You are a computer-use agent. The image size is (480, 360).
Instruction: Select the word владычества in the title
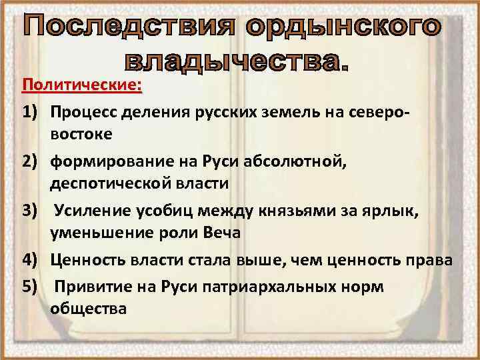[237, 63]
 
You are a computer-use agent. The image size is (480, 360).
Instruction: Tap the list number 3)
[33, 211]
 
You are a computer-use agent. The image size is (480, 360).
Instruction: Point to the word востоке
[81, 134]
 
